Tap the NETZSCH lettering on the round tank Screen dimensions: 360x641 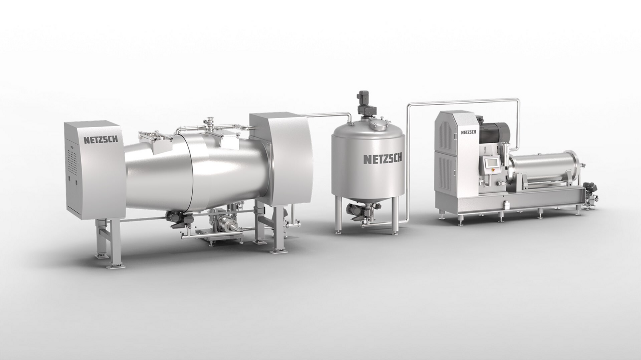click(382, 159)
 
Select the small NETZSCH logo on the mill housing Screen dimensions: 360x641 click(467, 132)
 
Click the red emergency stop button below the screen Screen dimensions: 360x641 click(489, 174)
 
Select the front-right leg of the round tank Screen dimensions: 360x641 click(395, 216)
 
